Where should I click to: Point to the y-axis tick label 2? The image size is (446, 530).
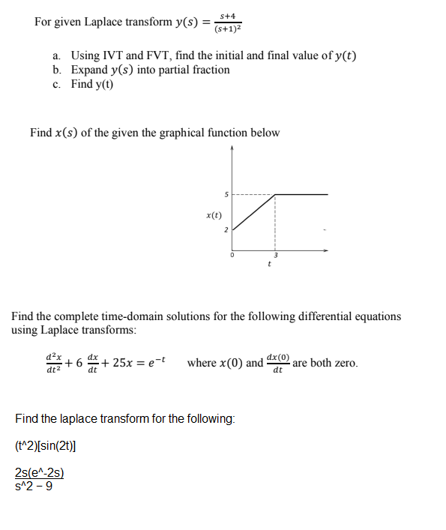pos(226,229)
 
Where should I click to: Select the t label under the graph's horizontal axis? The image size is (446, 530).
pos(268,264)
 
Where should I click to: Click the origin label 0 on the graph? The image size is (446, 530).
pos(232,256)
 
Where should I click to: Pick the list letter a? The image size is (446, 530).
pos(56,55)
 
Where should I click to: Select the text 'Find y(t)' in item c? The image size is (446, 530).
pos(92,84)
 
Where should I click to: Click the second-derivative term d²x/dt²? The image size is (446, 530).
pos(52,363)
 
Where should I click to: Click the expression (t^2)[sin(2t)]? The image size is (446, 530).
pos(45,445)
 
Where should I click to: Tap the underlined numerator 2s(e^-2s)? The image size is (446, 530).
pos(39,472)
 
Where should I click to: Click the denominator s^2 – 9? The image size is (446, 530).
pos(34,484)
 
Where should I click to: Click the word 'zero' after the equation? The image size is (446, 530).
pos(344,363)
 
